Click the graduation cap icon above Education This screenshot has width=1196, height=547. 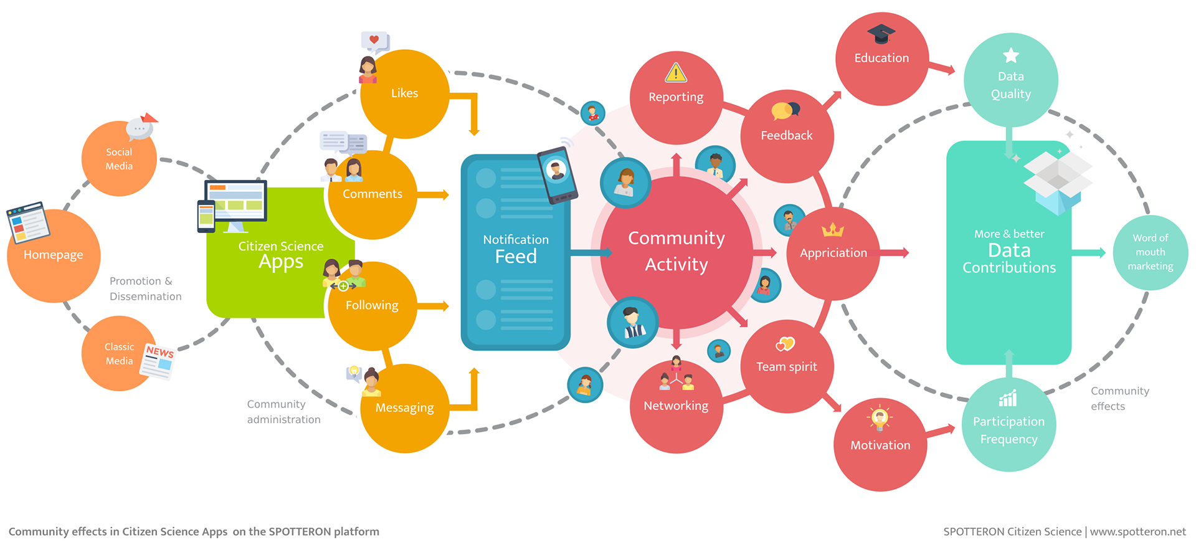point(881,34)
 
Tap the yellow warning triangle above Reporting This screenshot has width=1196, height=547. point(676,73)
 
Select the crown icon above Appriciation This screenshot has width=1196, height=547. point(833,231)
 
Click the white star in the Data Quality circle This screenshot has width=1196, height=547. point(1010,55)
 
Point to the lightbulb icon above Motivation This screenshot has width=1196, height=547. point(880,418)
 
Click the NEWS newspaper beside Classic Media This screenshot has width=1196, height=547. point(158,361)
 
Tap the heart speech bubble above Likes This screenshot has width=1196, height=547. point(375,42)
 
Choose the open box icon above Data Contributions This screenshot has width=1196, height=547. point(1058,181)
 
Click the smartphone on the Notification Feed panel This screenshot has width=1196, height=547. point(557,175)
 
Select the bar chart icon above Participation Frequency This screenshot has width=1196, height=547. point(1008,398)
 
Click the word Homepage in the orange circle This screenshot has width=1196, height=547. point(53,255)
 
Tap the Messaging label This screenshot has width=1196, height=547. point(404,407)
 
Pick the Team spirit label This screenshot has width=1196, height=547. point(786,367)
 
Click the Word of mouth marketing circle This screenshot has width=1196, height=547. point(1150,252)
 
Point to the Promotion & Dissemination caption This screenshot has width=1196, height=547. point(145,288)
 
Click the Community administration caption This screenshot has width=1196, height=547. point(283,412)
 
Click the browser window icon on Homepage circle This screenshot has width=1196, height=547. point(28,222)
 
